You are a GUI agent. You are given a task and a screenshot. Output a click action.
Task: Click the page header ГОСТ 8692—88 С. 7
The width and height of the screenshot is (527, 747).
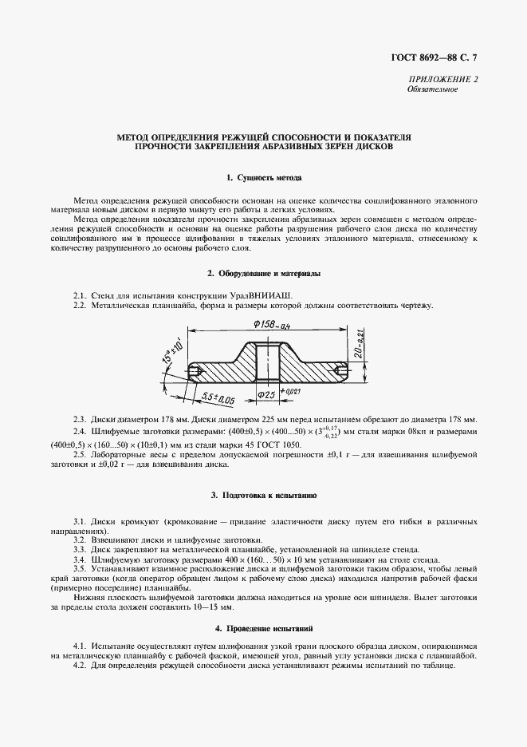click(x=438, y=56)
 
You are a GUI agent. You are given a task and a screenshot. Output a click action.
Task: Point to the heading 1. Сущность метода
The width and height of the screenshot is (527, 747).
click(x=264, y=176)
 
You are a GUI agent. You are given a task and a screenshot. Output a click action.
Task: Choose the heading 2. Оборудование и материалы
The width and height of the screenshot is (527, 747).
click(x=264, y=274)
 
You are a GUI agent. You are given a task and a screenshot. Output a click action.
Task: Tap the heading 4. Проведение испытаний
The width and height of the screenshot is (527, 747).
click(x=264, y=629)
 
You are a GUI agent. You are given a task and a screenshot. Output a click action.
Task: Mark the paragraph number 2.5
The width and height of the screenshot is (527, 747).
click(x=80, y=453)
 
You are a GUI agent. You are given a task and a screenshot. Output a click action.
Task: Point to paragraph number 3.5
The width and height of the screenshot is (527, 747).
click(x=80, y=570)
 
